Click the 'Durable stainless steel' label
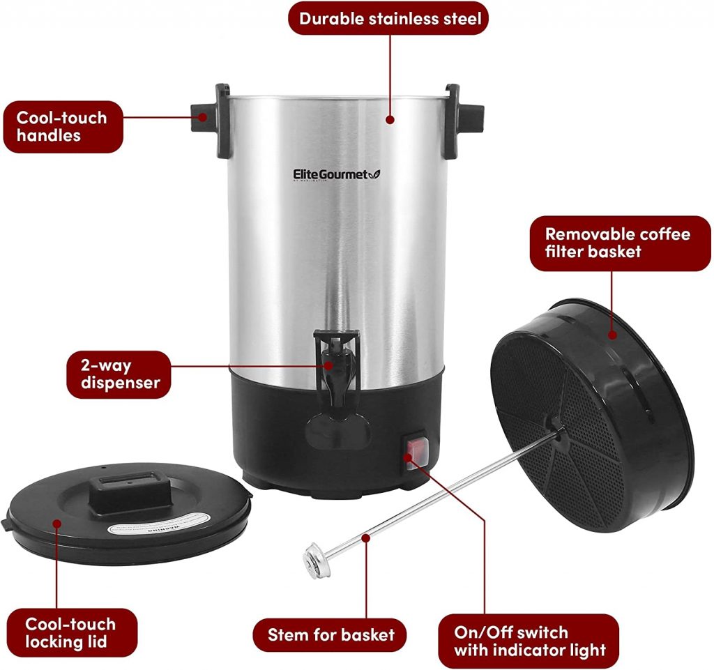pyautogui.click(x=389, y=18)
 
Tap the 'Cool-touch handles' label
pyautogui.click(x=62, y=126)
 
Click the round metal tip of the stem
pyautogui.click(x=312, y=559)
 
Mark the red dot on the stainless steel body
pyautogui.click(x=390, y=120)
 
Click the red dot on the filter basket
pyautogui.click(x=612, y=334)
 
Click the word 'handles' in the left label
pyautogui.click(x=49, y=135)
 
